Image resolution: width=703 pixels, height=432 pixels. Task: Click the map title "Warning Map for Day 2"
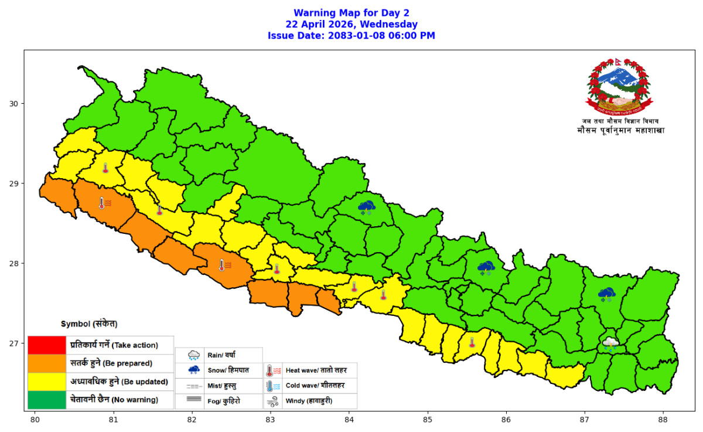(x=351, y=13)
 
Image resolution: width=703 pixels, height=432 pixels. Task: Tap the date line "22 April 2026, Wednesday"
(x=351, y=24)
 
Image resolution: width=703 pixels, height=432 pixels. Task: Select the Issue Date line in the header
(x=351, y=36)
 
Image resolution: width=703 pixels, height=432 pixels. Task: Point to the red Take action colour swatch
(x=46, y=345)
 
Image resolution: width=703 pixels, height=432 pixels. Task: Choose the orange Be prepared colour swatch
(x=46, y=363)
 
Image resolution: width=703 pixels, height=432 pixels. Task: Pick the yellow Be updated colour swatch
(x=46, y=382)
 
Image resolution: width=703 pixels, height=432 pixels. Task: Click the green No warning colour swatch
(x=46, y=400)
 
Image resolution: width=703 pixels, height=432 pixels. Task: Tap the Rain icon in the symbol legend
(x=193, y=355)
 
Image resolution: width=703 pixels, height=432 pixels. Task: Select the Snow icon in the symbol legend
(x=193, y=370)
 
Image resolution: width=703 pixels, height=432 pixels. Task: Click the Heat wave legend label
(x=309, y=370)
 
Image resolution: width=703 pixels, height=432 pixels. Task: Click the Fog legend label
(x=224, y=402)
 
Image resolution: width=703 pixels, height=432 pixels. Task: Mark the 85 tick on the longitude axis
(x=428, y=420)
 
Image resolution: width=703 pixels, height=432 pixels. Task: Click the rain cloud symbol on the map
(x=610, y=344)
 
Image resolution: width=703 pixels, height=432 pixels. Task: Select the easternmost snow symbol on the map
(x=606, y=294)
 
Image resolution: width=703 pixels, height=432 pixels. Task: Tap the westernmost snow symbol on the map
(x=367, y=207)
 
